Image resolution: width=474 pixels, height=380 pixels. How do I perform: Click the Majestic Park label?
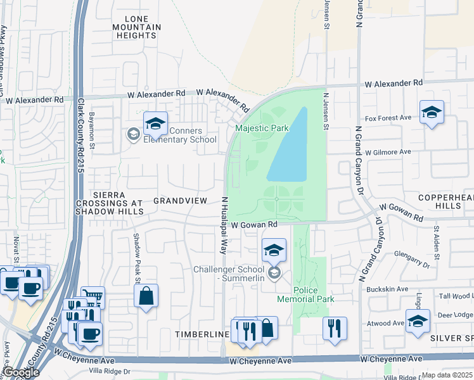point(262,128)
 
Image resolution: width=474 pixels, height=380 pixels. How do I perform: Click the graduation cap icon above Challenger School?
point(274,250)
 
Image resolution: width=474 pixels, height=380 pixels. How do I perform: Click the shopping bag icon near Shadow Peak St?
point(146,296)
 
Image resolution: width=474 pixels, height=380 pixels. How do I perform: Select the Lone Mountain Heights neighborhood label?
point(136,27)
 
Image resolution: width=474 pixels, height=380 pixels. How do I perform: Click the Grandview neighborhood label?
point(181,200)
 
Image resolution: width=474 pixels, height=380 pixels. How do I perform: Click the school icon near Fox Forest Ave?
point(432,113)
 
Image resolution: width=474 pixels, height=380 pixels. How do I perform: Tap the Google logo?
point(20,372)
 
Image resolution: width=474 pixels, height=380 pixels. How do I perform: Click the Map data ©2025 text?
point(447,375)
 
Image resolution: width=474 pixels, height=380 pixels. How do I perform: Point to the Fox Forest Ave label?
point(388,118)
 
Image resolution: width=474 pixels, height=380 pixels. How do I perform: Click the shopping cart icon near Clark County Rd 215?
point(93,296)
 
